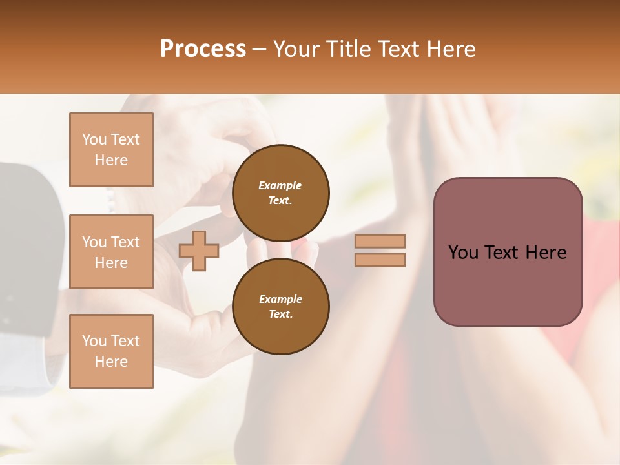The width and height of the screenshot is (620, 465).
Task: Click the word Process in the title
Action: [203, 49]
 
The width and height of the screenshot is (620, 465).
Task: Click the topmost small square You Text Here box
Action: [111, 150]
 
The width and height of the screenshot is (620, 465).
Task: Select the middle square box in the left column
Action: [111, 252]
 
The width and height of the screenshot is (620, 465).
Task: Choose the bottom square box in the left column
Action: [111, 351]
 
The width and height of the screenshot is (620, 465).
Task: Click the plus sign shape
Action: [199, 251]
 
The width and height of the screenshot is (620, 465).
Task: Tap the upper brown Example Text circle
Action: [280, 193]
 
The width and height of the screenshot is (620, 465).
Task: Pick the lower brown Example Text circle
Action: [280, 307]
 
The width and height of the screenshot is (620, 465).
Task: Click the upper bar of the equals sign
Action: [380, 242]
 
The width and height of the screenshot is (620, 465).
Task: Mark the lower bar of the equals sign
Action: [380, 260]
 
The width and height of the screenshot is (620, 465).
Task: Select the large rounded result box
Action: [508, 252]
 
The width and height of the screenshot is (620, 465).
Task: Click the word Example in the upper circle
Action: [280, 185]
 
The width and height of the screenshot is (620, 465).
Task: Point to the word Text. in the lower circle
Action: [280, 315]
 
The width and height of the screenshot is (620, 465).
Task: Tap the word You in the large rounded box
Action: [463, 253]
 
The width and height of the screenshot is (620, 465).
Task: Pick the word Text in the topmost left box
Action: [125, 139]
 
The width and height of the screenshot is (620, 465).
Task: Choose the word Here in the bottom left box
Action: [111, 362]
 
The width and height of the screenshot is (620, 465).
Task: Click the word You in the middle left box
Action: [94, 242]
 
